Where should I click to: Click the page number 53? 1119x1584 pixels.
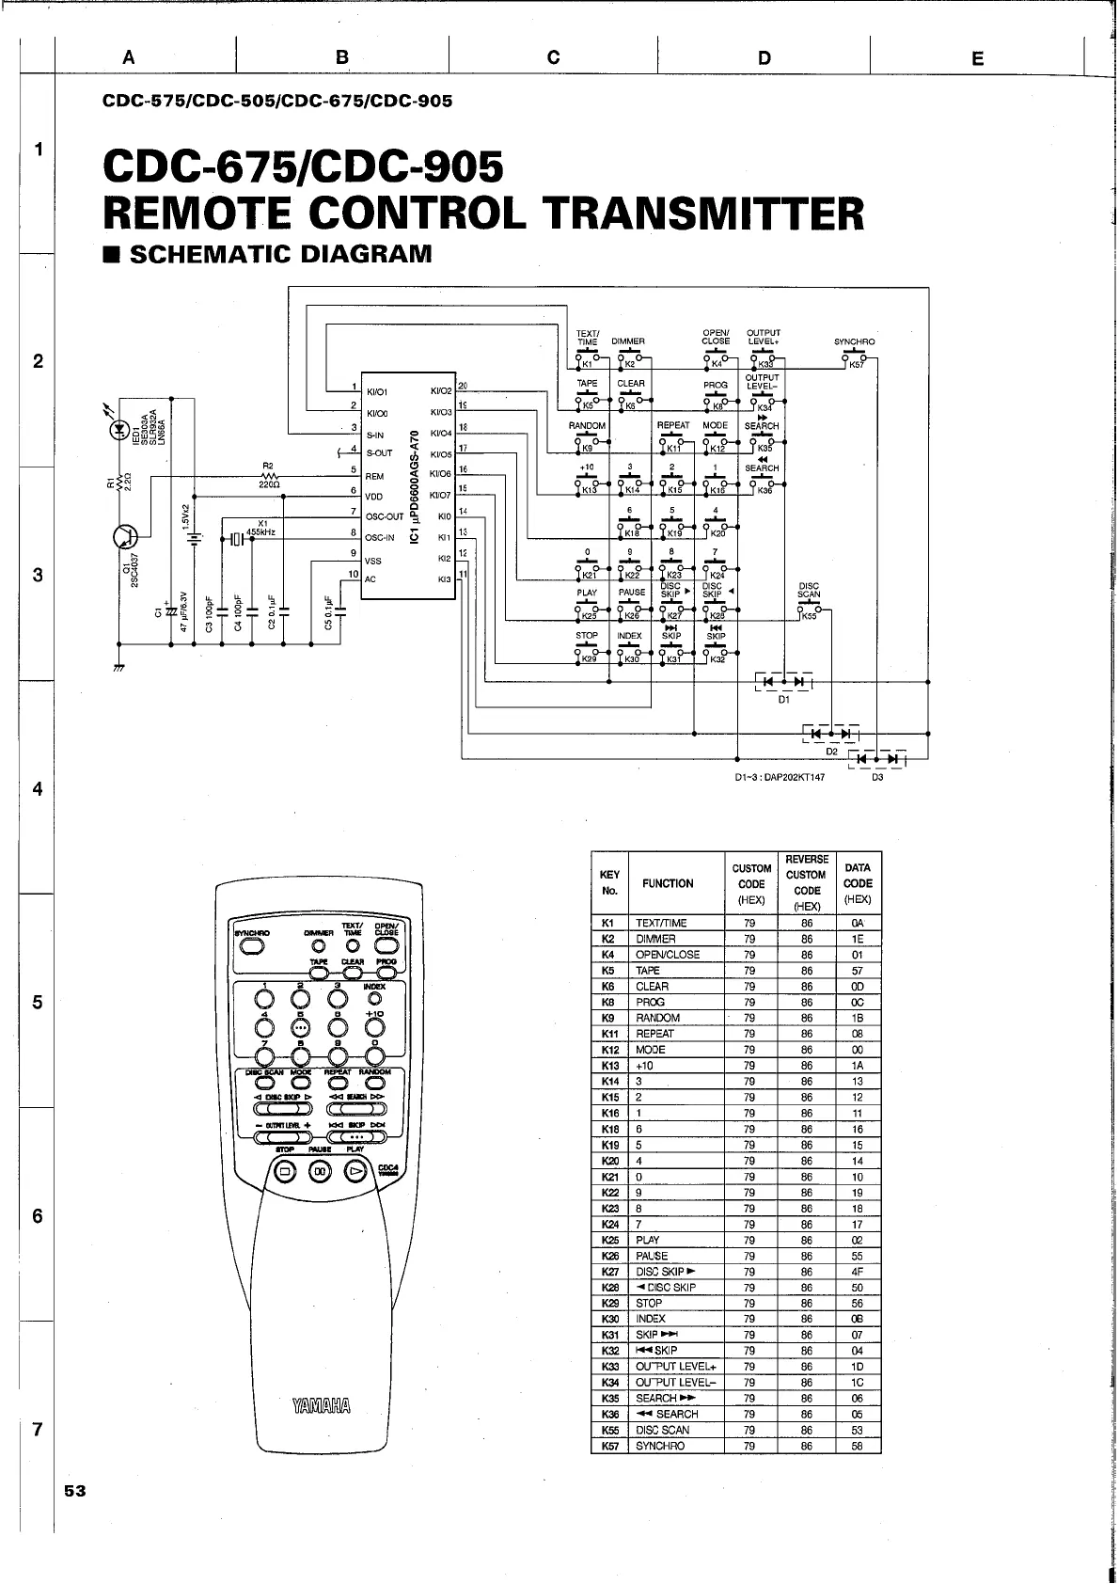(75, 1491)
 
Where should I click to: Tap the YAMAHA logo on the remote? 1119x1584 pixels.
(322, 1406)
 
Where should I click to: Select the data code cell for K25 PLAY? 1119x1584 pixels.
(858, 1240)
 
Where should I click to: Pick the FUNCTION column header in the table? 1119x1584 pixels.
(668, 883)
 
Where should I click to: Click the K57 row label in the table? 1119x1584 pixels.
(609, 1446)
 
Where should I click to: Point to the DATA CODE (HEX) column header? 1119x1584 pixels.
(858, 883)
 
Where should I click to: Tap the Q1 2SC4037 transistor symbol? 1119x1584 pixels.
(124, 536)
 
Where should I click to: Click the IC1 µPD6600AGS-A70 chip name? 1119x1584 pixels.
(414, 487)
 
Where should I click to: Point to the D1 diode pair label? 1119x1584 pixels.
(784, 700)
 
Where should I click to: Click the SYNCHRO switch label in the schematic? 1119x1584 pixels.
(854, 341)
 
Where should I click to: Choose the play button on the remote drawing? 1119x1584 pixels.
(355, 1171)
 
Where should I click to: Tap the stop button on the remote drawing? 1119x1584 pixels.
(285, 1171)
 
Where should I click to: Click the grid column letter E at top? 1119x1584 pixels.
(977, 58)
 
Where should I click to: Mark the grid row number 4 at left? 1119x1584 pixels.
(38, 789)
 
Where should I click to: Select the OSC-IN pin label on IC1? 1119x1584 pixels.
(380, 538)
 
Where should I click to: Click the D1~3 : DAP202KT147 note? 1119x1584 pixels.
(780, 778)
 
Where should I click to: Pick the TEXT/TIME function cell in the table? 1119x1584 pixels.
(661, 923)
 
